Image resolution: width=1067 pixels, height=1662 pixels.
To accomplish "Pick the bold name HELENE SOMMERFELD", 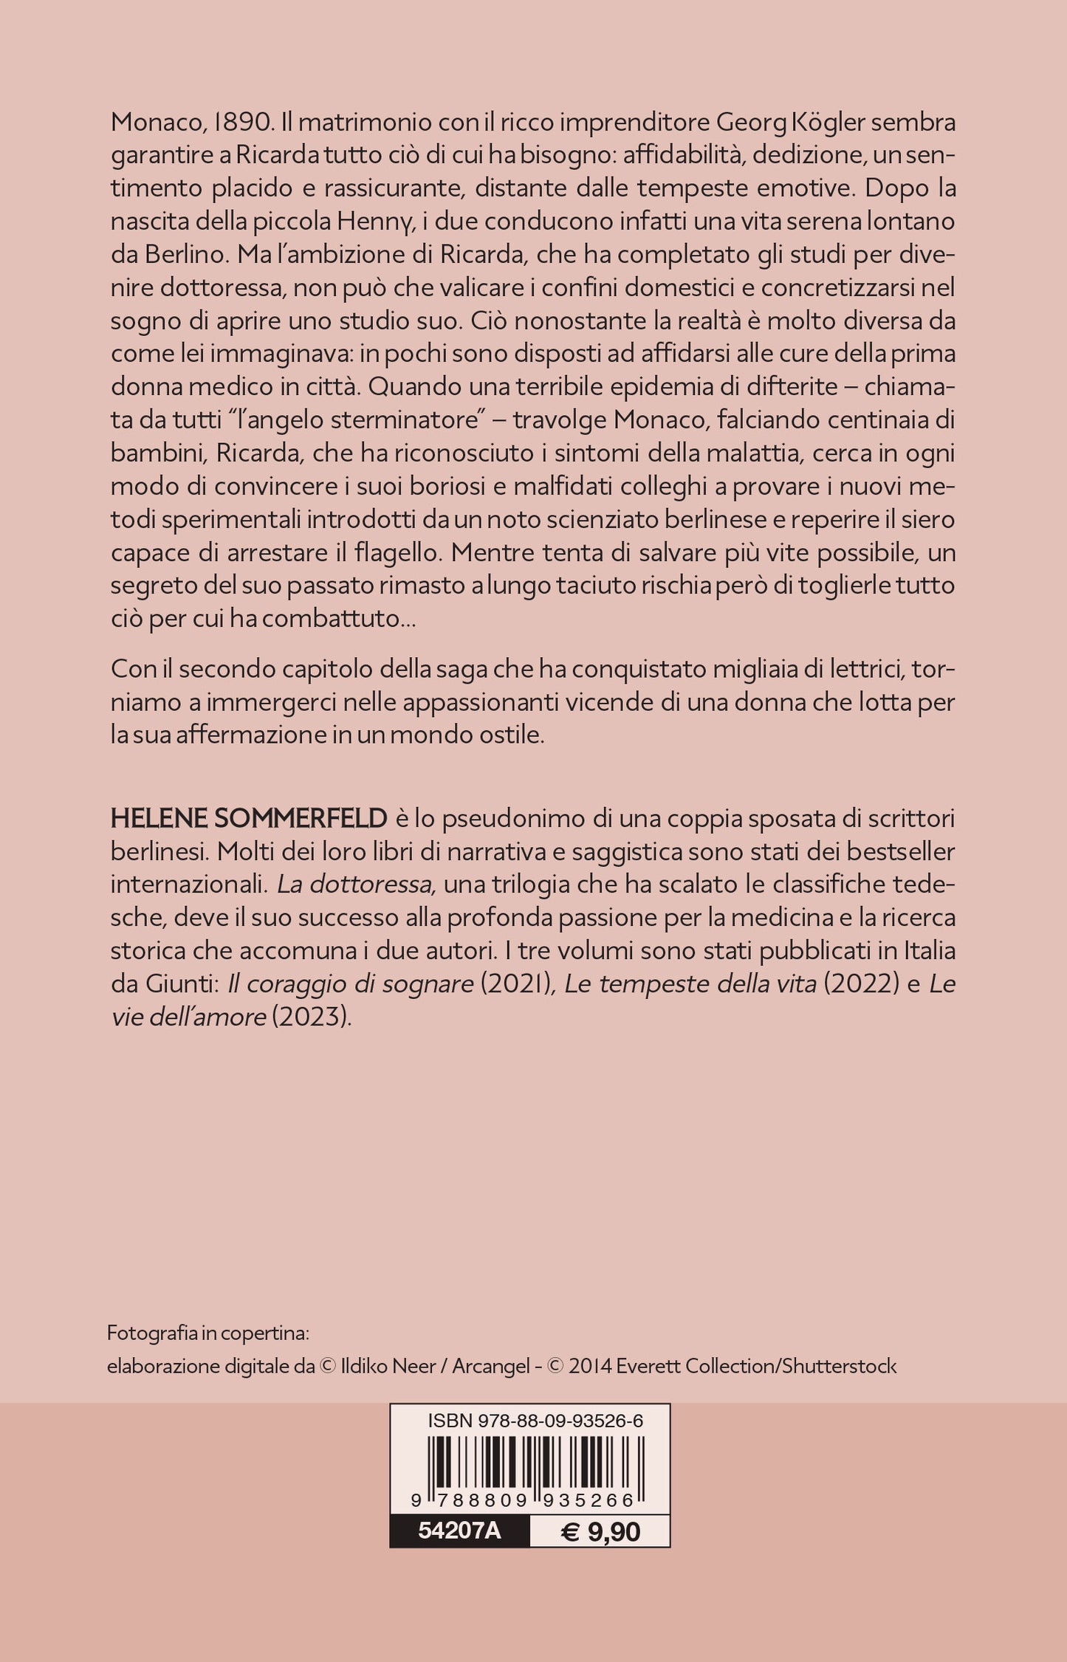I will click(x=249, y=818).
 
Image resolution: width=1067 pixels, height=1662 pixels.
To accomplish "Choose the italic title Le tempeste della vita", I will click(x=690, y=983).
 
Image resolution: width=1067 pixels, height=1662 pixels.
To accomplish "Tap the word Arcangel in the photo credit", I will click(x=491, y=1366).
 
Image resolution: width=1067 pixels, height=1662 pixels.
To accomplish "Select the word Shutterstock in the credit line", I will click(x=840, y=1366).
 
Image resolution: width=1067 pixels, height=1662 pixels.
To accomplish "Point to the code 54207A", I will click(x=459, y=1531).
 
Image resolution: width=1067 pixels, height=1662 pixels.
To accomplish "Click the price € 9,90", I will click(x=600, y=1531).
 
